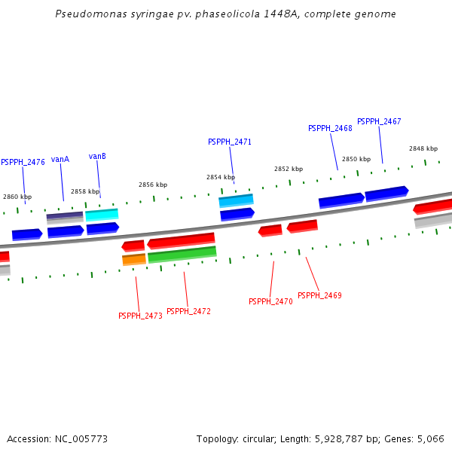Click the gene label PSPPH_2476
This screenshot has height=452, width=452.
click(23, 162)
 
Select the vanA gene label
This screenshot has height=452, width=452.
click(60, 159)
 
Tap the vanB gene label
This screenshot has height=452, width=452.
click(97, 156)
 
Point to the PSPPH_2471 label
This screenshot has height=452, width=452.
click(230, 142)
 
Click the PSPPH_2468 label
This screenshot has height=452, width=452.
click(330, 128)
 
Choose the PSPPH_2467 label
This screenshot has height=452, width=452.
click(379, 121)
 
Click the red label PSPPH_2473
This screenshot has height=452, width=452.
click(140, 316)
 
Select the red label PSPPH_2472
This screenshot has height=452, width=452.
click(188, 311)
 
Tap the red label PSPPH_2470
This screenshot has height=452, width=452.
click(270, 301)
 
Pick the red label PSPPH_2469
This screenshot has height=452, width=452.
click(319, 295)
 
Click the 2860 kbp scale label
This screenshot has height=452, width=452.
click(17, 197)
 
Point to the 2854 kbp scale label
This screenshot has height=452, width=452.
click(221, 177)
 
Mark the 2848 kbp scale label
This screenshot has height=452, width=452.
click(423, 148)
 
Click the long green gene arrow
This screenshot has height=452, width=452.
click(182, 255)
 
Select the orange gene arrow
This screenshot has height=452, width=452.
click(134, 260)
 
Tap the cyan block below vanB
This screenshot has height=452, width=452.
click(102, 215)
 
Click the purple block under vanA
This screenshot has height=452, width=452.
click(65, 216)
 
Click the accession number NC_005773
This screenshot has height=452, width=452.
click(81, 438)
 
